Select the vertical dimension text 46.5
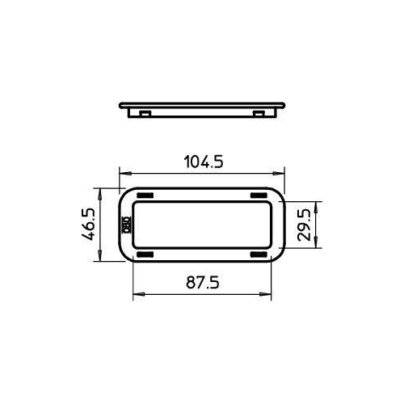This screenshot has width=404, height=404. pos(88,225)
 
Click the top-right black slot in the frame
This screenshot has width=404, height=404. pos(259,196)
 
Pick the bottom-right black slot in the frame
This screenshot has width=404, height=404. pos(259,255)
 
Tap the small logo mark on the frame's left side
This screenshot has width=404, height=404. pos(126,225)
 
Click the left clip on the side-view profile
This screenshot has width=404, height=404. pos(143,112)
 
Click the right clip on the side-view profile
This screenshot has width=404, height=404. pos(259,112)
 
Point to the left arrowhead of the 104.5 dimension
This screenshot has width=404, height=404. pos(123,174)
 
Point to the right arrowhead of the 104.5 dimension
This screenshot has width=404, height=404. pos(282,174)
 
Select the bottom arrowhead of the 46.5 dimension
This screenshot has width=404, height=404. pos(100,259)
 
